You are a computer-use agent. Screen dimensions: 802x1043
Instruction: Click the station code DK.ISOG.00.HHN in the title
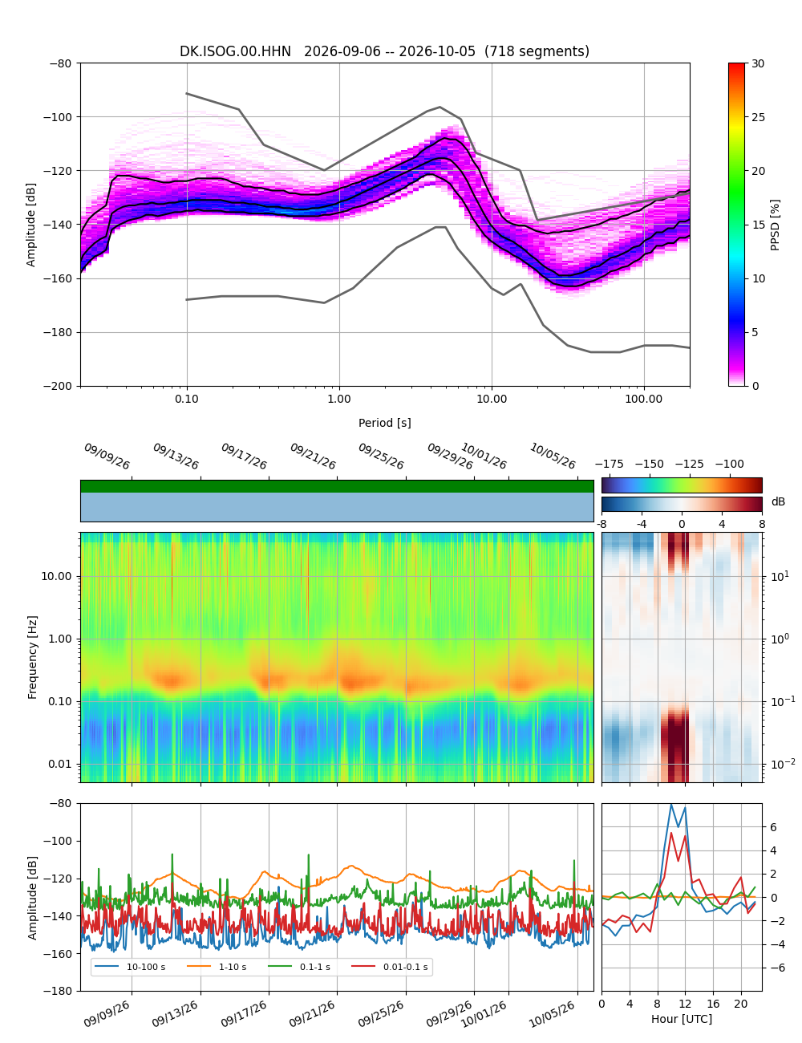tap(235, 51)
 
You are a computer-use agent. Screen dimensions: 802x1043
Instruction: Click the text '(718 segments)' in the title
tap(537, 51)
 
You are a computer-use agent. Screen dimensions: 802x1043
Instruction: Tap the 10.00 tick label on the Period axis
tap(492, 399)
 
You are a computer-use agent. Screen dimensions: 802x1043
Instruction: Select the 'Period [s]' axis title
tap(385, 423)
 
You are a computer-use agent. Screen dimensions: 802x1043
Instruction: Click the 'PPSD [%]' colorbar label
tap(775, 225)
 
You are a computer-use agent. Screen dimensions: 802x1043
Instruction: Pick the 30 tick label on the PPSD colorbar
tap(758, 63)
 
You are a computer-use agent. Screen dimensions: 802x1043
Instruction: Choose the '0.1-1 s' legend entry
tap(299, 967)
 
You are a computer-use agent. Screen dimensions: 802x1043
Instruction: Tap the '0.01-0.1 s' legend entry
tap(390, 967)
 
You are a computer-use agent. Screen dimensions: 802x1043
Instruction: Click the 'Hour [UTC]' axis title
tap(681, 1018)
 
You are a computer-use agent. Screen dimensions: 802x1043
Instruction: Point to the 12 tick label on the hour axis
tap(685, 1004)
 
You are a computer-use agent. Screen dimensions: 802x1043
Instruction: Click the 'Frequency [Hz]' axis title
tap(32, 657)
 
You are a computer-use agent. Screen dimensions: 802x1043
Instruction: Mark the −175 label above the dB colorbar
tap(610, 465)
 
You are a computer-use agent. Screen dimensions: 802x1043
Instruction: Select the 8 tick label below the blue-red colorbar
tap(762, 524)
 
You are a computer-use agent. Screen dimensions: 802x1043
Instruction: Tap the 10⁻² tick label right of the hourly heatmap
tap(780, 763)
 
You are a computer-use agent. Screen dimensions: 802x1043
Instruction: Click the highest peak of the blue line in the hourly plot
tap(671, 805)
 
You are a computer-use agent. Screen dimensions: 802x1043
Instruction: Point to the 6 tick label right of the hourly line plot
tap(773, 827)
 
